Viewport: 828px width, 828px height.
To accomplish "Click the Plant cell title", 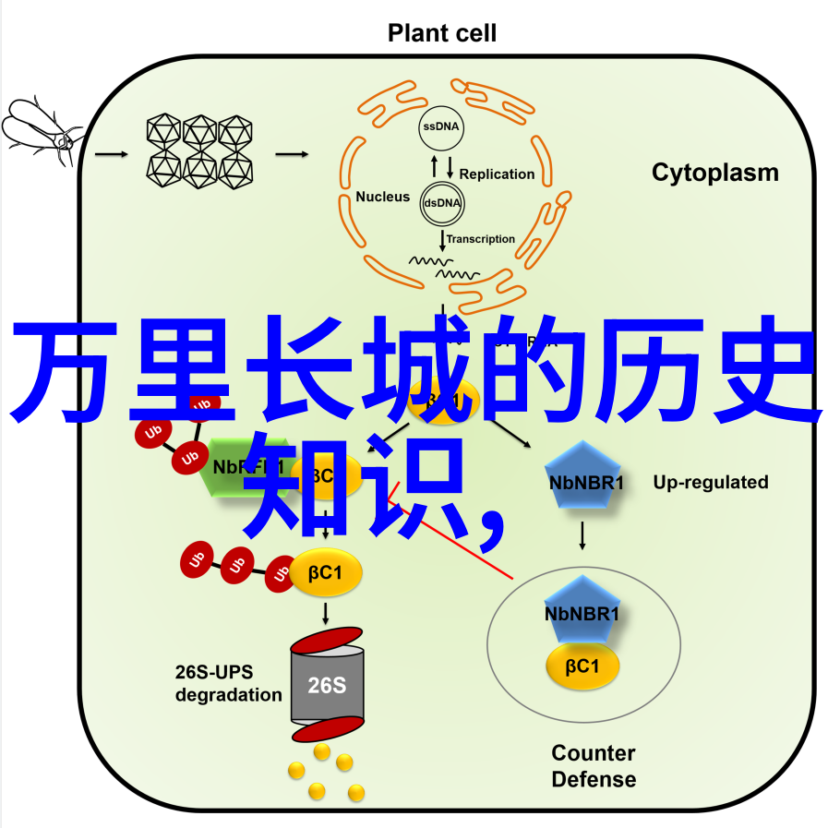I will point(441,34).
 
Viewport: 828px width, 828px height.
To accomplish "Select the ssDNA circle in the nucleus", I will point(443,126).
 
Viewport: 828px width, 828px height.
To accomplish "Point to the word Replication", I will point(497,174).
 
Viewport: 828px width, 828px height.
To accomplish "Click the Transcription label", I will point(481,239).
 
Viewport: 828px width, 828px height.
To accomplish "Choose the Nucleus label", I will point(382,197).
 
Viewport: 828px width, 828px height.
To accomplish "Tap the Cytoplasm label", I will point(714,173).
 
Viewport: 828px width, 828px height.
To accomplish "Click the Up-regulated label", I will point(710,482).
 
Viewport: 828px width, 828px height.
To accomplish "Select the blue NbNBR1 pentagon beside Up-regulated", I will point(585,477).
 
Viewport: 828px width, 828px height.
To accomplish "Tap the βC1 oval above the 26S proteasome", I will point(327,572).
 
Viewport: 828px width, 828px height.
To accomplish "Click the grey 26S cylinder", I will point(326,684).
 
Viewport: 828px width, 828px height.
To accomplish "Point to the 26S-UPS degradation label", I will point(228,683).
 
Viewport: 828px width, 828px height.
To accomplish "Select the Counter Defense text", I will point(593,765).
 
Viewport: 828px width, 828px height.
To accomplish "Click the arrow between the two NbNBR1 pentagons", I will point(582,537).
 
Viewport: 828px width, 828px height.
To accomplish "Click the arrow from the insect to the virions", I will point(110,154).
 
